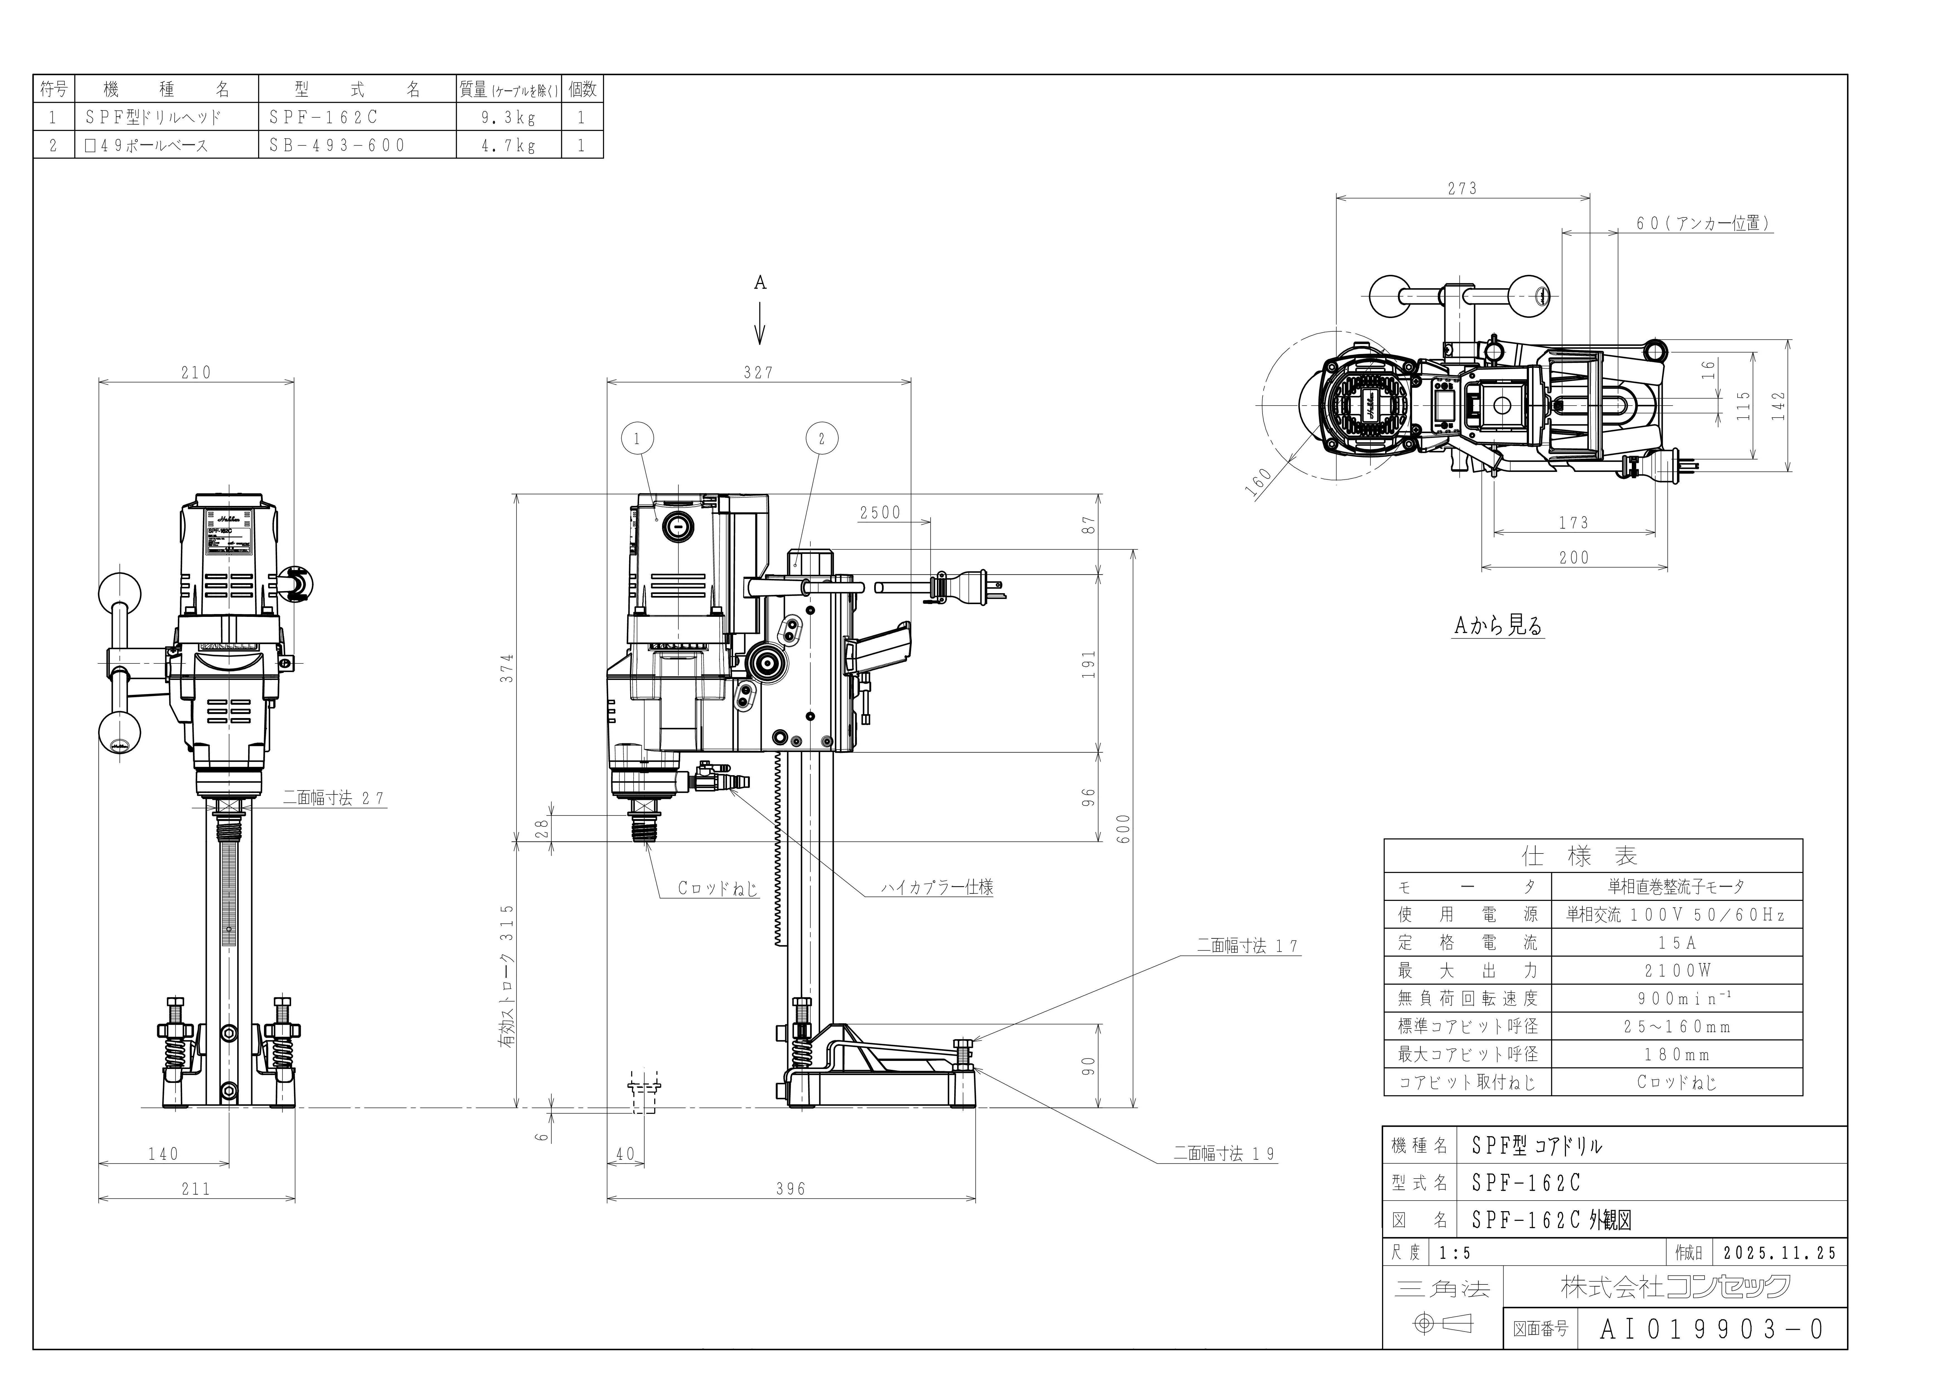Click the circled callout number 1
click(x=637, y=439)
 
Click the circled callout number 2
click(x=821, y=439)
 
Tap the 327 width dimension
click(x=758, y=372)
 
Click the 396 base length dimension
click(x=791, y=1189)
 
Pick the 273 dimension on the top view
click(x=1462, y=188)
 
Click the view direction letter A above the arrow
click(x=760, y=283)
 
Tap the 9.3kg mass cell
click(x=509, y=118)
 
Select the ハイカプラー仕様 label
click(x=937, y=887)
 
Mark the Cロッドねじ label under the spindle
click(x=717, y=888)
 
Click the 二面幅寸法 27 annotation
click(x=334, y=798)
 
